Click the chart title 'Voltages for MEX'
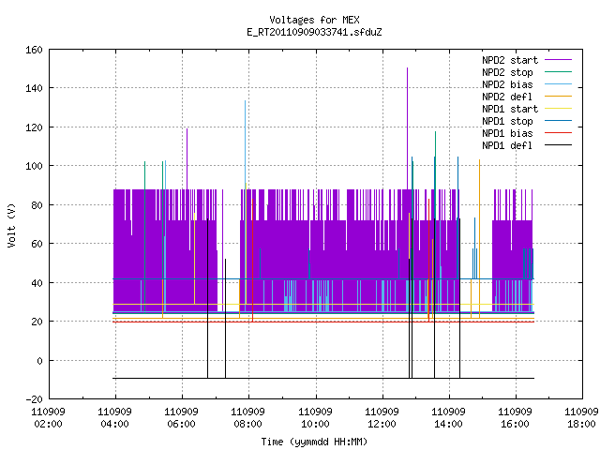(x=314, y=20)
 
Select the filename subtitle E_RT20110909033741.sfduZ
(x=314, y=32)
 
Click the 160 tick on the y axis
(x=34, y=50)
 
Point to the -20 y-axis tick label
(x=34, y=399)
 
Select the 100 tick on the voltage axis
(x=34, y=166)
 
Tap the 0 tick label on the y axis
(x=39, y=360)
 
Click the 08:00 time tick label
(x=247, y=424)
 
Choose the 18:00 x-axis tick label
(x=581, y=424)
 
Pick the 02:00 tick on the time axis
(x=48, y=424)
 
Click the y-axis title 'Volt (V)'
(x=11, y=225)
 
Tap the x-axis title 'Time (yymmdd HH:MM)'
(x=314, y=442)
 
